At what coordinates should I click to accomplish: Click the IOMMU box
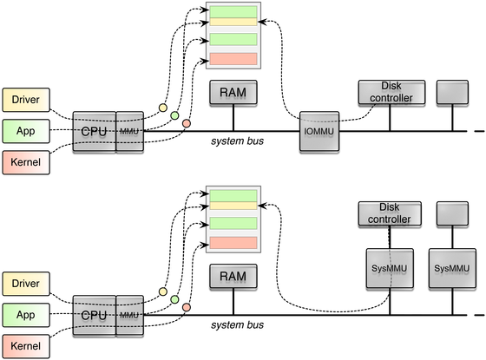click(319, 131)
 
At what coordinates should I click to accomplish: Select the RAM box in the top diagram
click(233, 92)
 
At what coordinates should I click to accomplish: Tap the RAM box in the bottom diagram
click(233, 276)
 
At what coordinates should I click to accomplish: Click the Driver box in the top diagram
click(26, 100)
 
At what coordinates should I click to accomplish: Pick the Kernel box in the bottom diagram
click(26, 346)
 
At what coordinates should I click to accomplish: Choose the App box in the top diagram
click(26, 131)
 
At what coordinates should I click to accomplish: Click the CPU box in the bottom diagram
click(95, 315)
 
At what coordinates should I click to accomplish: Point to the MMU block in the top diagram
click(130, 131)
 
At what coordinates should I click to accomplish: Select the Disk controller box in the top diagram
click(391, 92)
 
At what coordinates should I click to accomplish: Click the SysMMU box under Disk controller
click(390, 268)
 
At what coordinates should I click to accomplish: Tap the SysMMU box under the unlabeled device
click(452, 268)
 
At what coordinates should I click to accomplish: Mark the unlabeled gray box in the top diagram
click(452, 92)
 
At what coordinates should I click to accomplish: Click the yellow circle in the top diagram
click(163, 108)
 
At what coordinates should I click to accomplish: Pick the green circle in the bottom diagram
click(174, 299)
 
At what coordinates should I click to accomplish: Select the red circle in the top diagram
click(187, 123)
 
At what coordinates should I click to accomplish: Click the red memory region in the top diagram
click(233, 59)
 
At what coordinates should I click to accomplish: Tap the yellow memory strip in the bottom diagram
click(233, 206)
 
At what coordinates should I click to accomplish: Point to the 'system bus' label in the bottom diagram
click(238, 324)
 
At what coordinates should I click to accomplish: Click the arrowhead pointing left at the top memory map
click(262, 22)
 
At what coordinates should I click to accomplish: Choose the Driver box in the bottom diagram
click(26, 284)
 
